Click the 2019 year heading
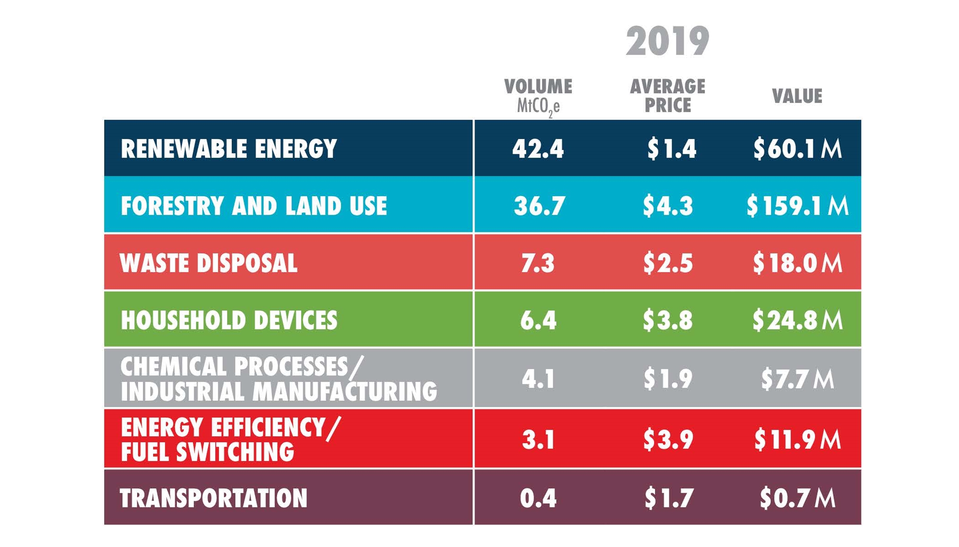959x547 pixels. pyautogui.click(x=667, y=42)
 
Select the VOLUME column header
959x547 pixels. pyautogui.click(x=538, y=87)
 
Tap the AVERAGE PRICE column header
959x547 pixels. pyautogui.click(x=667, y=96)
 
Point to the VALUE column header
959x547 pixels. pyautogui.click(x=797, y=96)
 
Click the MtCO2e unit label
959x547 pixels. pyautogui.click(x=538, y=106)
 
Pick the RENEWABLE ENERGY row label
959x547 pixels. pyautogui.click(x=229, y=149)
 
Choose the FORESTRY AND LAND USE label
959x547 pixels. pyautogui.click(x=254, y=206)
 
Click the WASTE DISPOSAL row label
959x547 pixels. pyautogui.click(x=209, y=263)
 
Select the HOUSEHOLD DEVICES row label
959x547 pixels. pyautogui.click(x=229, y=320)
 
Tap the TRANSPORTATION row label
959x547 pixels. pyautogui.click(x=213, y=498)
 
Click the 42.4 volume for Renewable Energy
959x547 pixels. pyautogui.click(x=538, y=149)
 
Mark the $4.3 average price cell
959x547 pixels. pyautogui.click(x=667, y=206)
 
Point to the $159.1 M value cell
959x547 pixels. pyautogui.click(x=797, y=206)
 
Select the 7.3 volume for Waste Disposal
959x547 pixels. pyautogui.click(x=538, y=263)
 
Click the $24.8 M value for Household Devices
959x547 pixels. pyautogui.click(x=797, y=320)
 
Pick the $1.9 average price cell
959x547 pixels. pyautogui.click(x=667, y=379)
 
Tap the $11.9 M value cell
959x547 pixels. pyautogui.click(x=797, y=440)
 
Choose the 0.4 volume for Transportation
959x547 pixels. pyautogui.click(x=538, y=498)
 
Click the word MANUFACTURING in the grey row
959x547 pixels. pyautogui.click(x=345, y=392)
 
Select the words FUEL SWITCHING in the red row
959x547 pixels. pyautogui.click(x=207, y=452)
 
